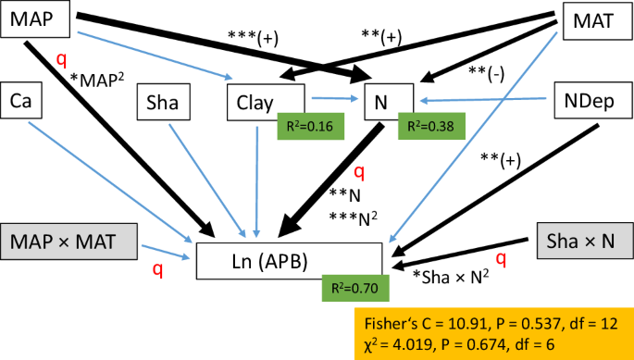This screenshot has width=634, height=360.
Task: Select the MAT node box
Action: [596, 20]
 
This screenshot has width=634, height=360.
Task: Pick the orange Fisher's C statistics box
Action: [492, 332]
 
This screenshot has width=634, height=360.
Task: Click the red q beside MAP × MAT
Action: [157, 269]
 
